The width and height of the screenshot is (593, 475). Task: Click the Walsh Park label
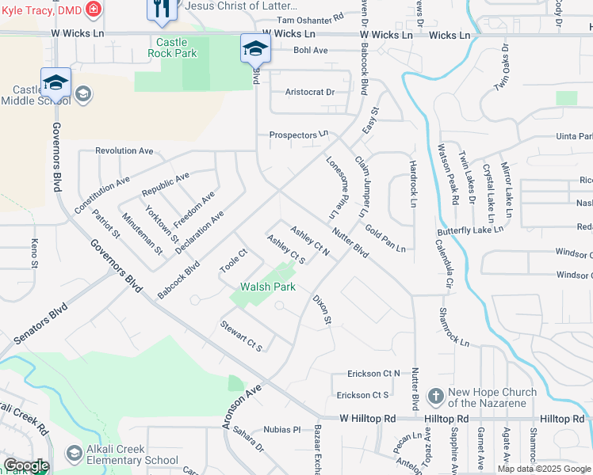(269, 287)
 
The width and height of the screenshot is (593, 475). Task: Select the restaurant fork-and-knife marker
(159, 9)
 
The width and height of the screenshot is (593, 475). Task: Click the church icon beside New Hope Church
(435, 396)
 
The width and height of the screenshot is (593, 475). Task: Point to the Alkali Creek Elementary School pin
(75, 454)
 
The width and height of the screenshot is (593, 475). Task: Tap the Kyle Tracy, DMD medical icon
(94, 9)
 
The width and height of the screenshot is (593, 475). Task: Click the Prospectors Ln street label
(299, 135)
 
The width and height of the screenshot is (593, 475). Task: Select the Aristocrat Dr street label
(310, 93)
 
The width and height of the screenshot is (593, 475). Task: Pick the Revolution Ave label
(124, 150)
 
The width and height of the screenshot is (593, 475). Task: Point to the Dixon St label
(321, 310)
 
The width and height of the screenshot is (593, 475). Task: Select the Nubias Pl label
(283, 430)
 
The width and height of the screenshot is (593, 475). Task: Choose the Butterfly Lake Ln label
(470, 231)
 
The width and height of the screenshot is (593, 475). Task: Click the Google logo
(26, 465)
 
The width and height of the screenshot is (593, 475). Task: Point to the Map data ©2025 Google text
(544, 469)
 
